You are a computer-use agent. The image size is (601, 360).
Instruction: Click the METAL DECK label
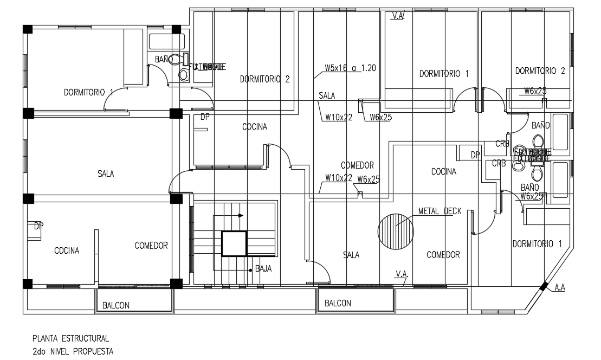440,211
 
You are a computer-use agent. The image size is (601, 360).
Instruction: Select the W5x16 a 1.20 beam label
350,68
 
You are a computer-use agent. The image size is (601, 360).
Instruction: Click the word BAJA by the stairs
263,268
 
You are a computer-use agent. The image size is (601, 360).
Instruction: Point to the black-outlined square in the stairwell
234,243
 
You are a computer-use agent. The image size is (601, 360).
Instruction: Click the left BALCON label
116,305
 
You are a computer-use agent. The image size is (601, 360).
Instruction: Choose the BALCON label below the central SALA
338,303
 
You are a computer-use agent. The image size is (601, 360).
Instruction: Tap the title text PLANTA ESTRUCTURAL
70,338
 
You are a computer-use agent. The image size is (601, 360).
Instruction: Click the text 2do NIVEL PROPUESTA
73,351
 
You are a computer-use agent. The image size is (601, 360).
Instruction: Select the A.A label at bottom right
560,288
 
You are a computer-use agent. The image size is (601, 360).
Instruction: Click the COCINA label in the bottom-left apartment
67,250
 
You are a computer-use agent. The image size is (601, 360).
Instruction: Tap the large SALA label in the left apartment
106,173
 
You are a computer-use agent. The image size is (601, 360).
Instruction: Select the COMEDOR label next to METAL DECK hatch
443,254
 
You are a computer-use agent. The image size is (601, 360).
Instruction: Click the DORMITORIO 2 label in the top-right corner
540,70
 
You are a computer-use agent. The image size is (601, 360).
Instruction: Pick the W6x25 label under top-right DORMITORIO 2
535,91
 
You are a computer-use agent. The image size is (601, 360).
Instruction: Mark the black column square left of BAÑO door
175,30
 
